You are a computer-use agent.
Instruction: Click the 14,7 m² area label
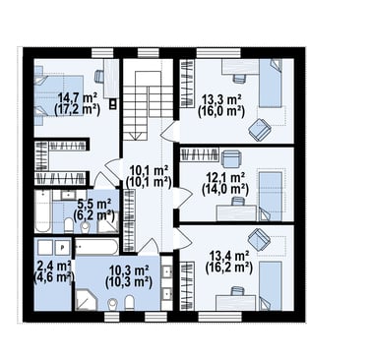(x=78, y=97)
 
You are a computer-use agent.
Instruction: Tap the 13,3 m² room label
(x=221, y=98)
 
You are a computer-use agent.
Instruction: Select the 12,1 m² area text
(x=225, y=177)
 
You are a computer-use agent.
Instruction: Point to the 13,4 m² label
(x=229, y=255)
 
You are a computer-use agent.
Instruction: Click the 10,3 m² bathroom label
(x=129, y=270)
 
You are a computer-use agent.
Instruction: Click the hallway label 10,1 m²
(x=149, y=170)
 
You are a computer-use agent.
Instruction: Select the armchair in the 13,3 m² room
(x=259, y=130)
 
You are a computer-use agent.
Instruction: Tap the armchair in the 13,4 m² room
(x=259, y=239)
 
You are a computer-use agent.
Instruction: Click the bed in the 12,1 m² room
(x=271, y=196)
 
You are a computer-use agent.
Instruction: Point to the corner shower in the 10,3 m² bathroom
(x=86, y=299)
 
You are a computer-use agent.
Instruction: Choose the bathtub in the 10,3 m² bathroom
(x=96, y=247)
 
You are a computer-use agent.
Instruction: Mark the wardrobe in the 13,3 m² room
(x=187, y=84)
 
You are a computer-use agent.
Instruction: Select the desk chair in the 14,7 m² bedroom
(x=98, y=76)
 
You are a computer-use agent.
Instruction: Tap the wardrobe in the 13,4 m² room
(x=187, y=285)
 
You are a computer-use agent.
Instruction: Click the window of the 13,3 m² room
(x=218, y=53)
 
